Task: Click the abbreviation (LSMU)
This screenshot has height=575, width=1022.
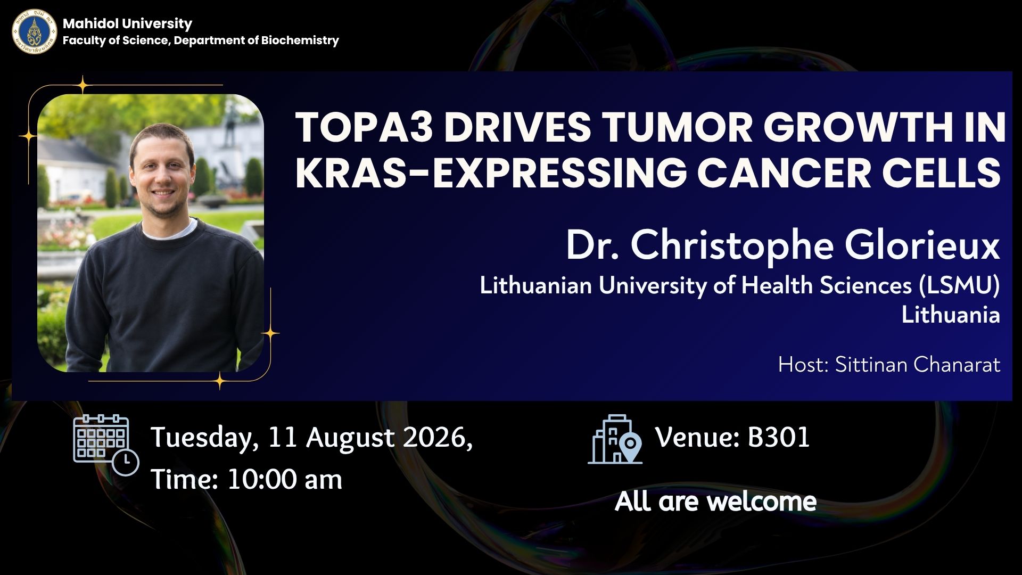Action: pyautogui.click(x=959, y=286)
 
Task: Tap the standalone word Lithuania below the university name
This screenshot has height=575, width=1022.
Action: pyautogui.click(x=951, y=315)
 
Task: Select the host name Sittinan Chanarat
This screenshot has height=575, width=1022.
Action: pyautogui.click(x=918, y=365)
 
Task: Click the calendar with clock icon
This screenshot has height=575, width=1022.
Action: pyautogui.click(x=106, y=445)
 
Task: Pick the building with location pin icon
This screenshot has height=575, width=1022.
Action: pyautogui.click(x=615, y=439)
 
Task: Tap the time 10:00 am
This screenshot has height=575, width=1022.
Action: pyautogui.click(x=285, y=480)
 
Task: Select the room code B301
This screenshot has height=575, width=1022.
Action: pyautogui.click(x=779, y=437)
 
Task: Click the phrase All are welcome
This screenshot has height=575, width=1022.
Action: pyautogui.click(x=715, y=502)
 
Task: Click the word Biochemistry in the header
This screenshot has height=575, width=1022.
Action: pyautogui.click(x=300, y=40)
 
